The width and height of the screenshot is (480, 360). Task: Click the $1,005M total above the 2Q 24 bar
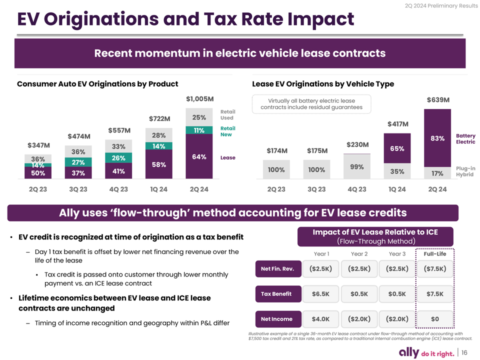click(x=200, y=99)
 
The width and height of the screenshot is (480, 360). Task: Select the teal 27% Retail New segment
click(x=78, y=162)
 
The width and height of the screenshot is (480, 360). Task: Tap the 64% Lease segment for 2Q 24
click(x=199, y=156)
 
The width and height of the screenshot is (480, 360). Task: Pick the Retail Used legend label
click(x=228, y=115)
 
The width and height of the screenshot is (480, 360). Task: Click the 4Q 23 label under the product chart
click(x=118, y=189)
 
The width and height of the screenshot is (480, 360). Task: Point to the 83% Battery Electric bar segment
click(x=437, y=138)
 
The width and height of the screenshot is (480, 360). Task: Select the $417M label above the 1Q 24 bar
click(x=397, y=124)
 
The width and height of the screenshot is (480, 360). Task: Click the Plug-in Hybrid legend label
click(x=465, y=171)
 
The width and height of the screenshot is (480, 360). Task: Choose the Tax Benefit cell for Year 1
click(x=320, y=294)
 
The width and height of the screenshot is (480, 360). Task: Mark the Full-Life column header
click(x=434, y=254)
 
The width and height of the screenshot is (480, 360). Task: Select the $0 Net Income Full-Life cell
click(x=434, y=319)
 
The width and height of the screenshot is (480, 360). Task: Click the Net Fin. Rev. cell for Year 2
click(x=359, y=269)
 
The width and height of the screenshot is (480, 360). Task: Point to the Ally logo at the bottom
click(x=409, y=352)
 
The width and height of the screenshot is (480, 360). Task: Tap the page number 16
click(x=464, y=352)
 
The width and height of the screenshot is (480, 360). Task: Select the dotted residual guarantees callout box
click(x=311, y=104)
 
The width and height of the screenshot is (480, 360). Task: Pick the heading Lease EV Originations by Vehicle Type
click(x=323, y=84)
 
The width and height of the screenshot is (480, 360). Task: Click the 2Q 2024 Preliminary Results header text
click(x=441, y=6)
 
